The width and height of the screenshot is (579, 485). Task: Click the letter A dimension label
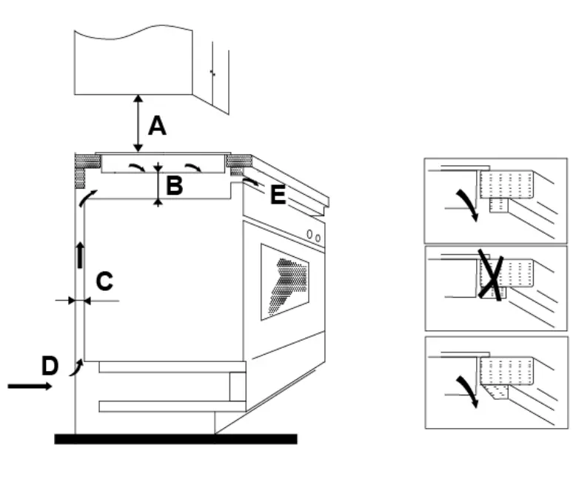coord(156,127)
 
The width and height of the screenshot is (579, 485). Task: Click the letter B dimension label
coord(174,186)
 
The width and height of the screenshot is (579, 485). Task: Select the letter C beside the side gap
coord(104,281)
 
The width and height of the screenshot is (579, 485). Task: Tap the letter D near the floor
coord(50,365)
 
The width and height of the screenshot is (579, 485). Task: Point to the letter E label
coord(277,195)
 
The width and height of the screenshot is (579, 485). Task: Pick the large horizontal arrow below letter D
coord(30,387)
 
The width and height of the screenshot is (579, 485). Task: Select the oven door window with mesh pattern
coord(285,282)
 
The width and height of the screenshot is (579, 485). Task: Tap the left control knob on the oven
coord(310,235)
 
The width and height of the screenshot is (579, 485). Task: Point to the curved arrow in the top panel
coord(467,204)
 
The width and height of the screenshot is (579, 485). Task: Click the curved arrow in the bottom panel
coord(467,387)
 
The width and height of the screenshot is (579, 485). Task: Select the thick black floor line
coord(175,439)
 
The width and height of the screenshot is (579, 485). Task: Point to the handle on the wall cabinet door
coord(212,72)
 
